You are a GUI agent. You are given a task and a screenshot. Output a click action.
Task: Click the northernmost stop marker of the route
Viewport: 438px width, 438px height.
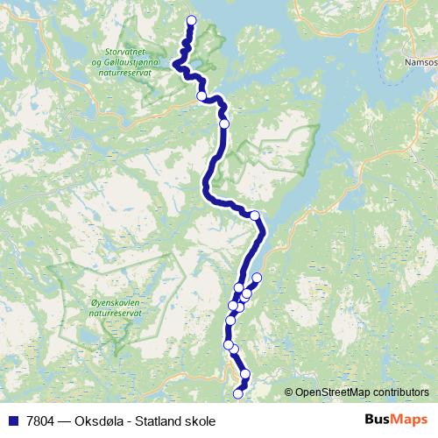192,21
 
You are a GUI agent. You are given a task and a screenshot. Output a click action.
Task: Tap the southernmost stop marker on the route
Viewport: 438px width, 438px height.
238,393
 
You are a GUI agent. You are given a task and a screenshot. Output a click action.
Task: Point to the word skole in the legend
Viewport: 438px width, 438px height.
199,420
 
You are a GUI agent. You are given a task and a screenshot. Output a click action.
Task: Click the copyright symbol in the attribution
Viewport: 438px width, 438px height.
288,392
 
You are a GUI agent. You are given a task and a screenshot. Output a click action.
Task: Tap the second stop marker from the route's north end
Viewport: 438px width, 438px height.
201,95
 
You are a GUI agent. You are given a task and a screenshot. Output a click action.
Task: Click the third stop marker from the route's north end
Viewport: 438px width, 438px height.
224,124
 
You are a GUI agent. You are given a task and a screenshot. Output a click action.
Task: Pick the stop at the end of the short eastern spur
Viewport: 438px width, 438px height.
257,278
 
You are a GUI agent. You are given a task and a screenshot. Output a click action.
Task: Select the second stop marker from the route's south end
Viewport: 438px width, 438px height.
245,374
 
